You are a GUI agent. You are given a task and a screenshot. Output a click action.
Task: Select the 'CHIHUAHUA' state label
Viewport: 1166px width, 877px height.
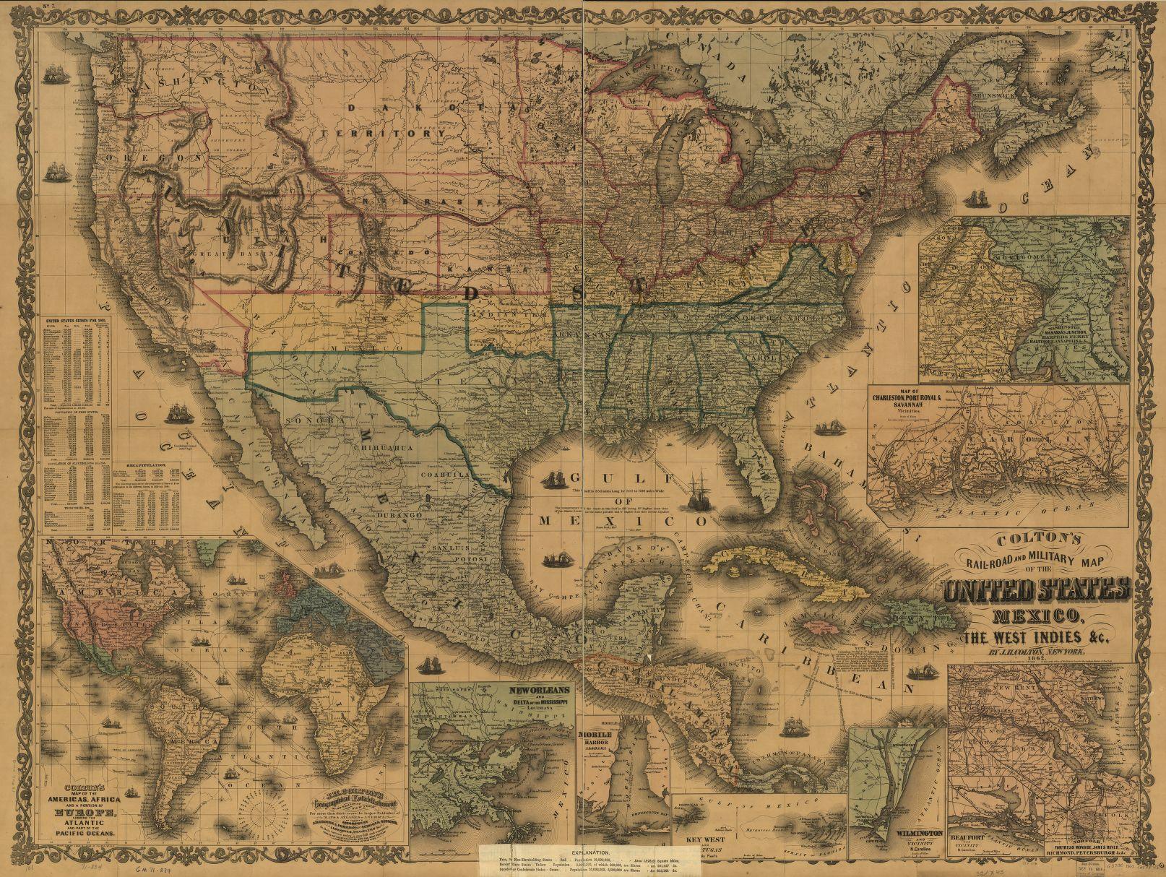pyautogui.click(x=383, y=448)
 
